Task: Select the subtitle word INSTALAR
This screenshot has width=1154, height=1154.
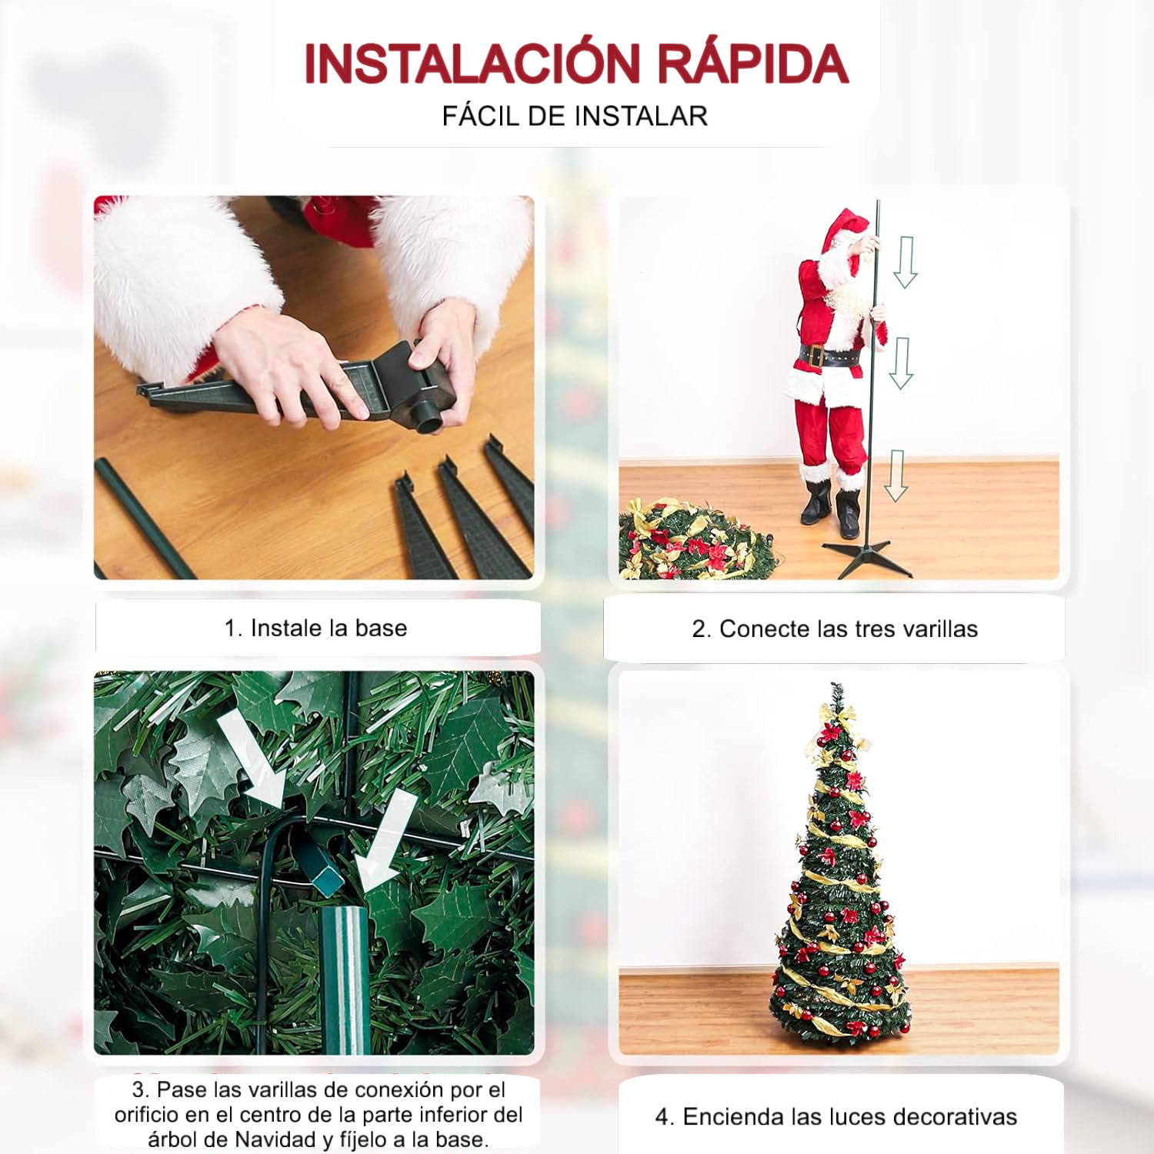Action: coord(641,116)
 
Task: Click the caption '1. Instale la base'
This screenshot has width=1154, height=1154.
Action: coord(315,628)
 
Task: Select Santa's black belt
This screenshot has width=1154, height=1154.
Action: coord(829,357)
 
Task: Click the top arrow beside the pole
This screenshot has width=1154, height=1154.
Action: coord(906,262)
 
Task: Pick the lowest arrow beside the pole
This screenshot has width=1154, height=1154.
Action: coord(896,475)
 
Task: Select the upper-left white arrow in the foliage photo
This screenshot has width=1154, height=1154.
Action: coord(251,759)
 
